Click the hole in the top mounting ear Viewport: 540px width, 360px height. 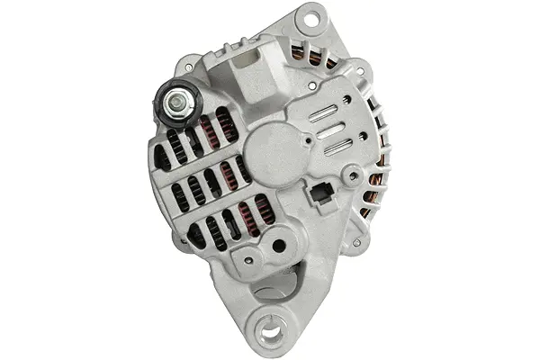tap(312, 15)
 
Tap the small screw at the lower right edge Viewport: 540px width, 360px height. tap(358, 242)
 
